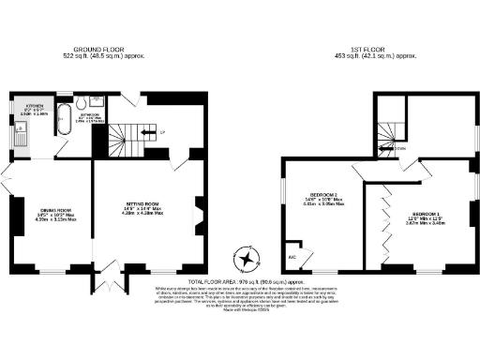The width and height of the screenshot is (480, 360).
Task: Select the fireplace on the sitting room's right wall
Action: tap(196, 208)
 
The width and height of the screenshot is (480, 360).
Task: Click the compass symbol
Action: tap(247, 257)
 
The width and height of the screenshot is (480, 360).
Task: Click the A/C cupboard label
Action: tap(290, 255)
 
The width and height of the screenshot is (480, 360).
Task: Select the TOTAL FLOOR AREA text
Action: tap(239, 281)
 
